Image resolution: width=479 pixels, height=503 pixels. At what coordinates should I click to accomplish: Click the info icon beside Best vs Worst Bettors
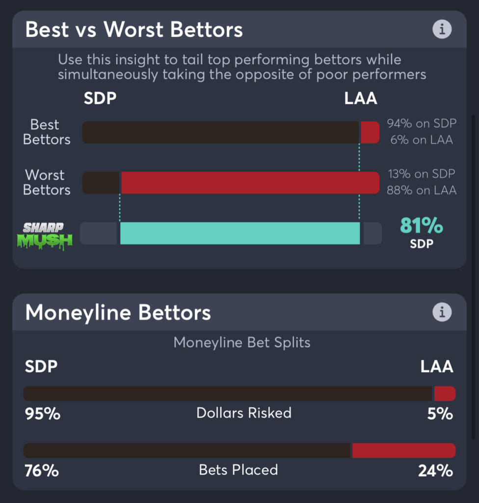[442, 29]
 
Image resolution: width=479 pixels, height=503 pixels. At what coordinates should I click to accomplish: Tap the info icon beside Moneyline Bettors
[442, 312]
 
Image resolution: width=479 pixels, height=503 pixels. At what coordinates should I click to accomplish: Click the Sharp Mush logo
[47, 235]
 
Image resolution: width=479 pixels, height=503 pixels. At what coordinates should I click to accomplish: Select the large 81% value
[422, 225]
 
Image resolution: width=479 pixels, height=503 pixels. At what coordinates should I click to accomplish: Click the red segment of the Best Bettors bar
[370, 133]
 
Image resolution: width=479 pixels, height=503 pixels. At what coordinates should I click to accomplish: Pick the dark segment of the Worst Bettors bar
[101, 183]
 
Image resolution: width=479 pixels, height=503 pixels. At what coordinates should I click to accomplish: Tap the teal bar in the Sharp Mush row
[240, 233]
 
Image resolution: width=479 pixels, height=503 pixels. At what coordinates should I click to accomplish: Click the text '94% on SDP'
[421, 124]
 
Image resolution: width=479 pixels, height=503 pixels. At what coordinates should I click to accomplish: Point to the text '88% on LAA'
[421, 190]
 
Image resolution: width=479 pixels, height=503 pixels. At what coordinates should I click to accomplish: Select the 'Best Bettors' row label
[47, 132]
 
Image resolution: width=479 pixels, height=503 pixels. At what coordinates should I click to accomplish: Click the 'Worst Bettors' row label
[47, 182]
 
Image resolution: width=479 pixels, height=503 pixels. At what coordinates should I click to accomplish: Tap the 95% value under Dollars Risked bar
[43, 414]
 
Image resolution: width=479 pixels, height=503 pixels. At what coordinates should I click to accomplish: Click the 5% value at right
[440, 414]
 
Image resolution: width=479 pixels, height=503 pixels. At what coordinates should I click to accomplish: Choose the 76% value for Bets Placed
[42, 471]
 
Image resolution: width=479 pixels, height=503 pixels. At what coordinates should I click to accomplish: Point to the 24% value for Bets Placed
[435, 471]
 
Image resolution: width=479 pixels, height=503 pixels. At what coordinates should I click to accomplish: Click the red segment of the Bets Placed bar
[403, 450]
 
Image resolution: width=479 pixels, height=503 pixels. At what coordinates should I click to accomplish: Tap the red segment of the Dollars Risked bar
[445, 393]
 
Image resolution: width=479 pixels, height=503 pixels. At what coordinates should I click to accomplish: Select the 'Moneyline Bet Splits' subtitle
[242, 342]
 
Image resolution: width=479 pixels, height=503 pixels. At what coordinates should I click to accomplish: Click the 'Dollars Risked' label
[244, 413]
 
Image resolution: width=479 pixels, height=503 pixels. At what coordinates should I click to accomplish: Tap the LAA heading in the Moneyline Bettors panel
[437, 366]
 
